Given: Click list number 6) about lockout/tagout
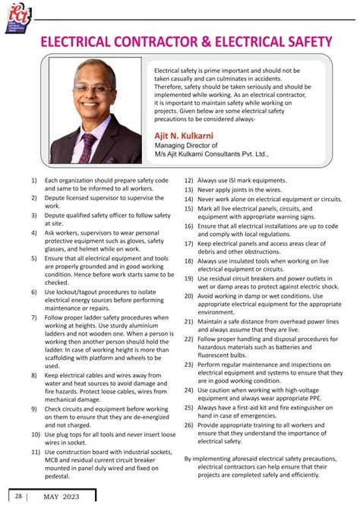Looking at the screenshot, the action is [x=33, y=292].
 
